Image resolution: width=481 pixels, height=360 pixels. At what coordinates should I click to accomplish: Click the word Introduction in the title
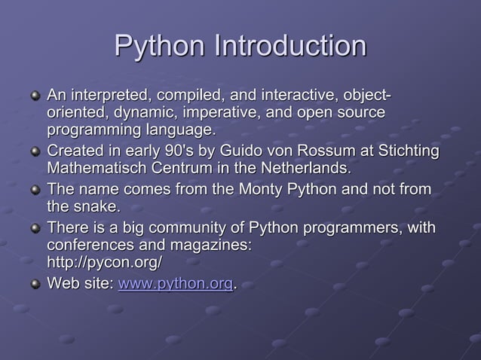pos(290,46)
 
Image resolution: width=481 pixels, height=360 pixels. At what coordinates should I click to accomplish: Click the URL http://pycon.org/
pos(104,262)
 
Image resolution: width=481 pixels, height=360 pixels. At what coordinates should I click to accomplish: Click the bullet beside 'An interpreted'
pos(33,98)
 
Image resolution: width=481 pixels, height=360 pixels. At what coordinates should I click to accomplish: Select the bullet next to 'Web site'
pos(33,285)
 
